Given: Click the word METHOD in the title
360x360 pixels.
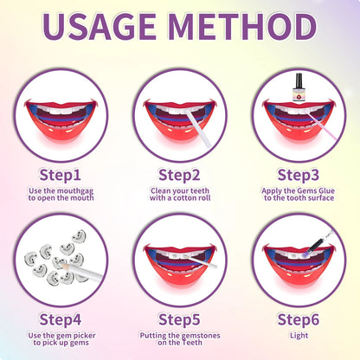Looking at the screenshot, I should click(x=244, y=28).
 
